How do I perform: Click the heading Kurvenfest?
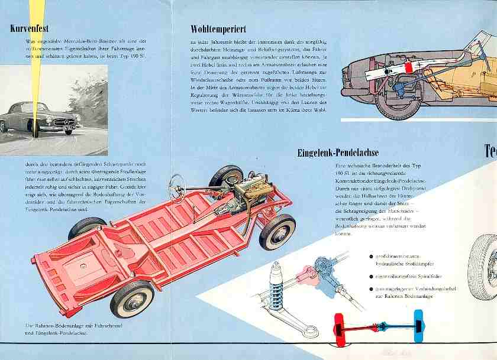tap(30, 28)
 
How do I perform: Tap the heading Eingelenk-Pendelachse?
tap(337, 154)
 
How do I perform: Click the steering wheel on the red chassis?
tap(177, 189)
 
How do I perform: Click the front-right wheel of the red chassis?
tap(277, 231)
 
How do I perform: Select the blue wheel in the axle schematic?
tap(419, 325)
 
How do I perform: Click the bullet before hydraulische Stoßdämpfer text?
tap(371, 257)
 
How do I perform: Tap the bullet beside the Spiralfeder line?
tap(371, 276)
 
